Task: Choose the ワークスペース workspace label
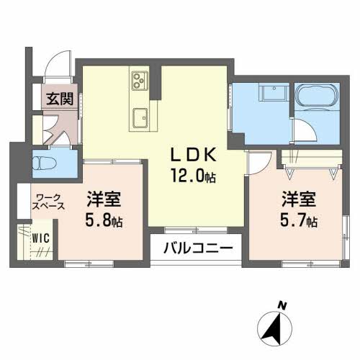pyautogui.click(x=49, y=201)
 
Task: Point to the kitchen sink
pyautogui.click(x=140, y=116)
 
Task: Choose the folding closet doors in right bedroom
pyautogui.click(x=310, y=171)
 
